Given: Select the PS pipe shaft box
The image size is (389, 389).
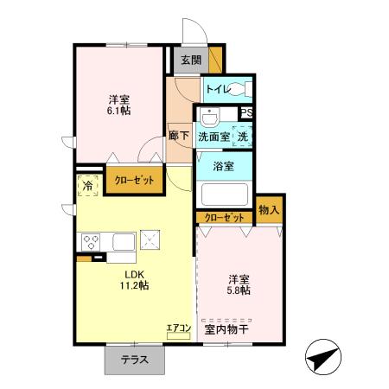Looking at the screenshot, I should click(x=246, y=112).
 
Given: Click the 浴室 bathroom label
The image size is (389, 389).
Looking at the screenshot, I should click(x=223, y=165).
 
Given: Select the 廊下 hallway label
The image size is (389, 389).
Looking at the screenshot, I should click(x=180, y=136).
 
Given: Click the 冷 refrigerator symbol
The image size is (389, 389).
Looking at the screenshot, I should click(x=87, y=185).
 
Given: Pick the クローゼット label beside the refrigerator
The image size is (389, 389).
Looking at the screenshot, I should click(x=134, y=181).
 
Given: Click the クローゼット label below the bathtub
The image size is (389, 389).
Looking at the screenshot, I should click(x=225, y=217).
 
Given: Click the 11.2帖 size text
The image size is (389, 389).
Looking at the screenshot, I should click(x=134, y=284).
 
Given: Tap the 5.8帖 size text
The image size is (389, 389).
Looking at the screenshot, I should click(x=239, y=291).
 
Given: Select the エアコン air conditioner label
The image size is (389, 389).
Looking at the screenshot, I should click(x=178, y=327).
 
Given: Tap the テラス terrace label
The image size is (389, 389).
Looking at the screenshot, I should click(x=133, y=360).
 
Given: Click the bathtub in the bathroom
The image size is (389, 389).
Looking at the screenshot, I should click(x=224, y=194).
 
